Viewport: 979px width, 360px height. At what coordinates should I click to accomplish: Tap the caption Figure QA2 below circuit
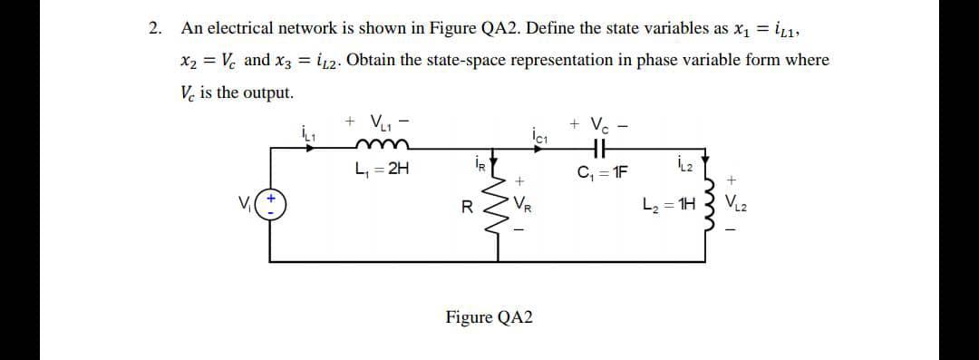click(x=489, y=317)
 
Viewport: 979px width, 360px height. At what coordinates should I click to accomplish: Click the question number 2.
click(x=154, y=28)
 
